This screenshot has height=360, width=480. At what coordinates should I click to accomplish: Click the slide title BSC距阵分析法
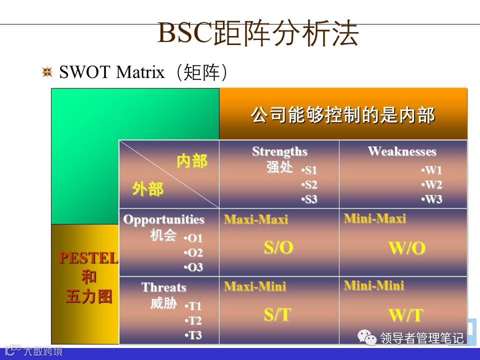tap(258, 33)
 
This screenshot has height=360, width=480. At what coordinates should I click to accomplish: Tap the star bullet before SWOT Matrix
tap(47, 72)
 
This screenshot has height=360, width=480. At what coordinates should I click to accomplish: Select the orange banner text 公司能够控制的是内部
tap(342, 115)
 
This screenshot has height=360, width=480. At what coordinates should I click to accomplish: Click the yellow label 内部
tap(192, 161)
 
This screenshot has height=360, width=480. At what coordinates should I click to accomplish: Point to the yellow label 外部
tap(147, 188)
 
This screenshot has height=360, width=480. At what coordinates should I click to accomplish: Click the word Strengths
tap(279, 151)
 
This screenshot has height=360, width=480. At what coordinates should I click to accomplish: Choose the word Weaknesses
tap(402, 151)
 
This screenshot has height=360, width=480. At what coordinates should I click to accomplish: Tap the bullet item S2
tap(309, 185)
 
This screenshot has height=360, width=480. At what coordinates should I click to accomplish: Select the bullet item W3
tap(431, 199)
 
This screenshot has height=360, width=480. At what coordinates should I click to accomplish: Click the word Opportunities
tap(164, 219)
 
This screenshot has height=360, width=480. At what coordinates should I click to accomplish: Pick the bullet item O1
tap(193, 238)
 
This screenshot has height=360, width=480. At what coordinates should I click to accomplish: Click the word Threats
tap(164, 287)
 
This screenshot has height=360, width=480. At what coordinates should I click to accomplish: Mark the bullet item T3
tap(193, 335)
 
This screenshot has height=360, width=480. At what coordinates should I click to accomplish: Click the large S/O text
tap(278, 247)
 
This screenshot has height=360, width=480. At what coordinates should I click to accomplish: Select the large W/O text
tap(407, 248)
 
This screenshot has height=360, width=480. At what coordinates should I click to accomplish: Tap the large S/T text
tap(277, 314)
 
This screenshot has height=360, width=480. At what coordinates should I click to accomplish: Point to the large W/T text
tap(406, 315)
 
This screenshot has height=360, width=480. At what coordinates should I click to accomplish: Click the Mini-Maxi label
tap(375, 218)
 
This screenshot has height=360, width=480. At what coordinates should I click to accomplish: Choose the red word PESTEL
tap(88, 258)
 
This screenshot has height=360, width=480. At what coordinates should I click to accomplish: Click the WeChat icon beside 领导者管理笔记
tap(367, 337)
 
